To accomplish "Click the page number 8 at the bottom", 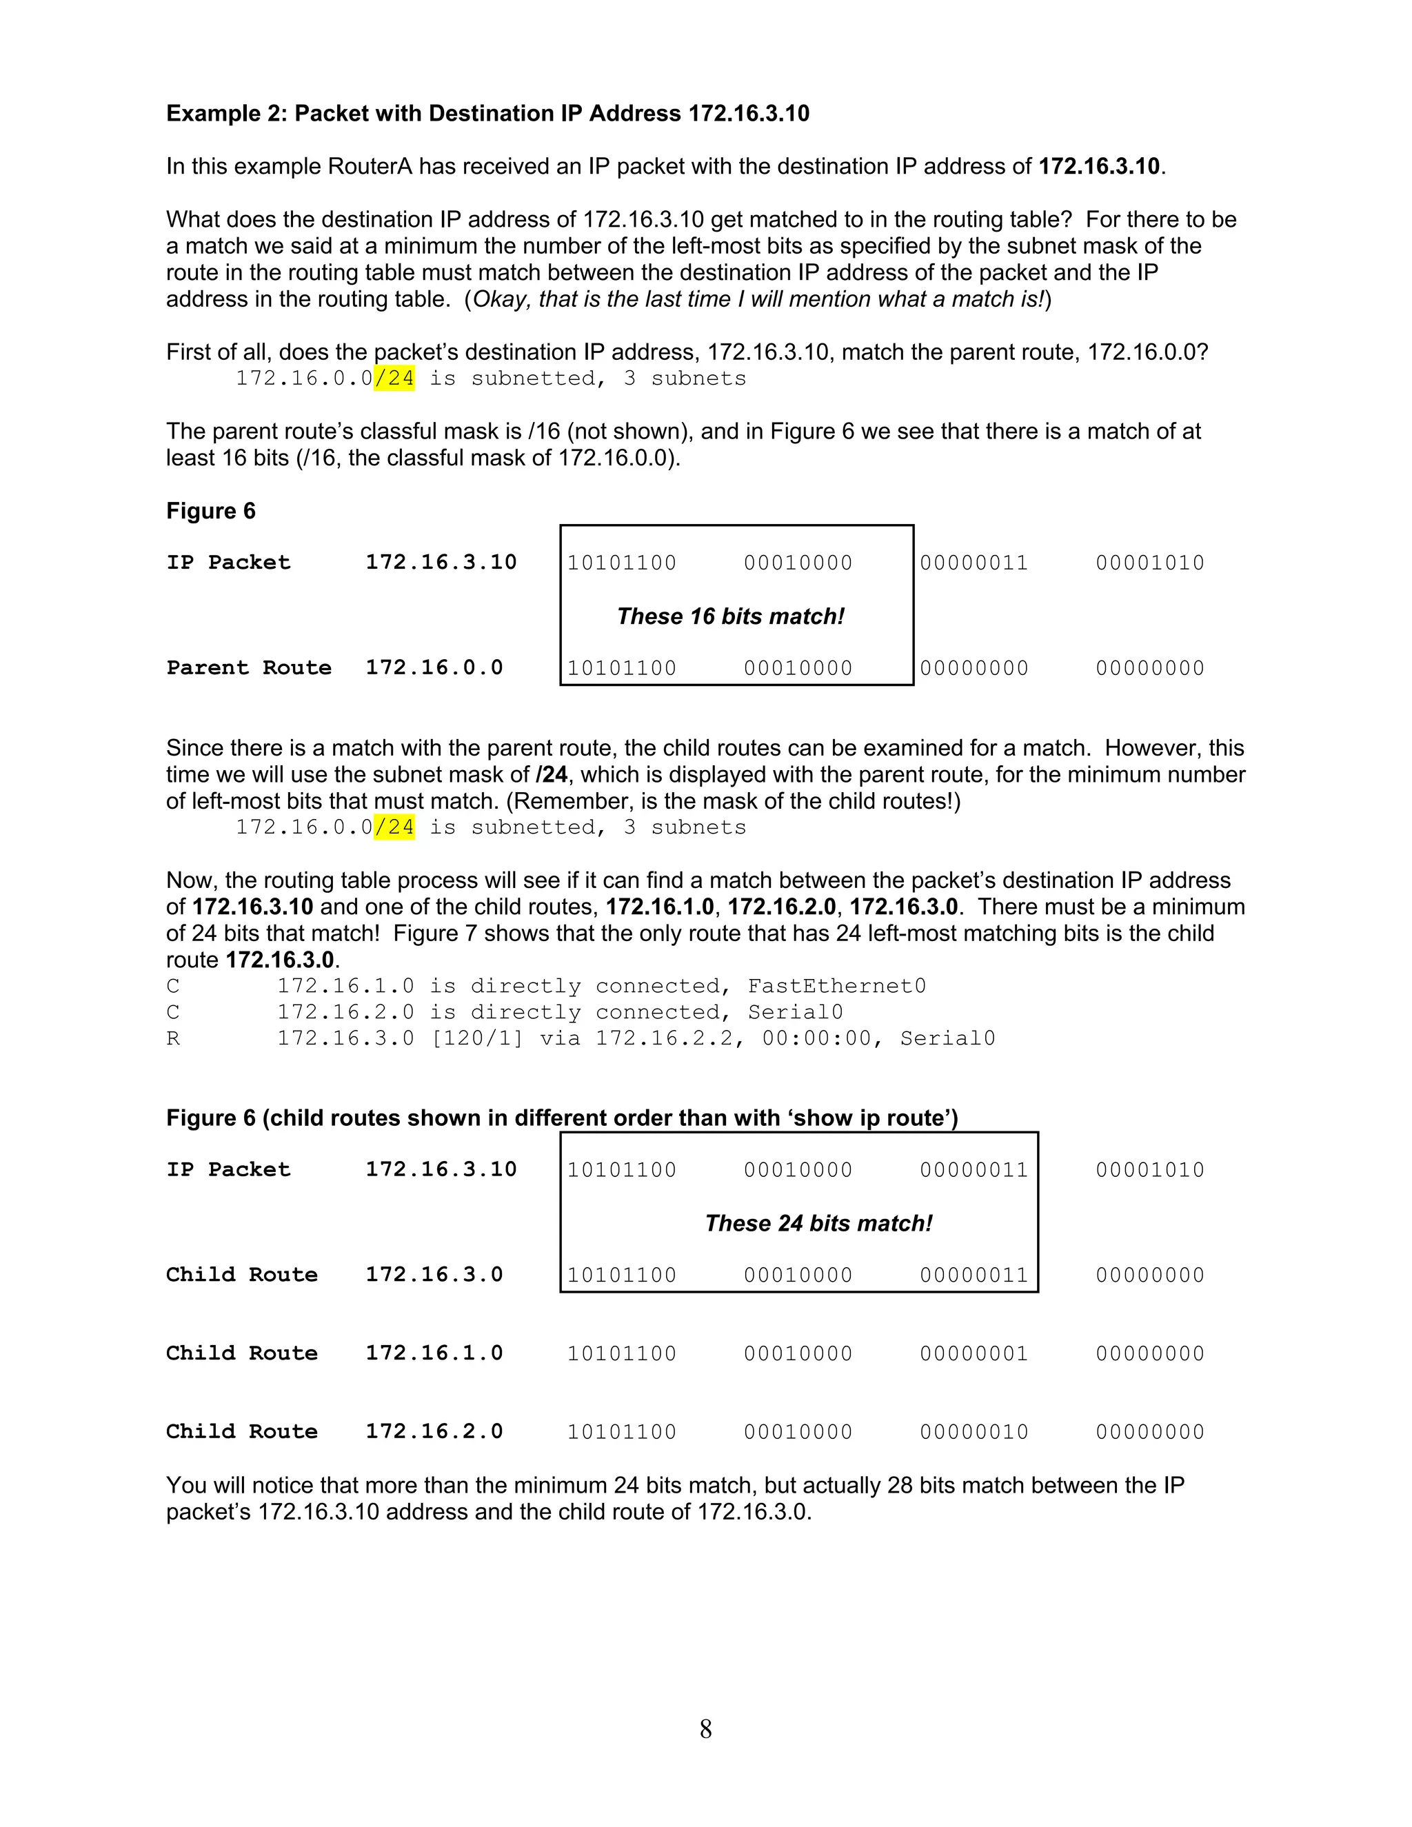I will (705, 1728).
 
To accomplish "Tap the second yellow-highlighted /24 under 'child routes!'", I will (394, 827).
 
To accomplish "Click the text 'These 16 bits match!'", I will (730, 616).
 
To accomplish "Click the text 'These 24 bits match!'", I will (818, 1223).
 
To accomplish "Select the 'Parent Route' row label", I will (248, 667).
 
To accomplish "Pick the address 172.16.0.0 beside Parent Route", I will (434, 667).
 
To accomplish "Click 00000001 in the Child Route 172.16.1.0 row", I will (974, 1353).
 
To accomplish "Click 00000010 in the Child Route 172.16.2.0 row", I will (974, 1431).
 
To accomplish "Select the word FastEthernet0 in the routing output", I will (836, 987).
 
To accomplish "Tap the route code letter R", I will (173, 1039).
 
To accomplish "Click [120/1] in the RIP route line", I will (477, 1039).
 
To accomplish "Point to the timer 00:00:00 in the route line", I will (816, 1039).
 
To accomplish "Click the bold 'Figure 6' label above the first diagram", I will (211, 511).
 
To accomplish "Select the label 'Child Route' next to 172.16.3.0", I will (242, 1275).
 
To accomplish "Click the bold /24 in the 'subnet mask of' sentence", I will (552, 775).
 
